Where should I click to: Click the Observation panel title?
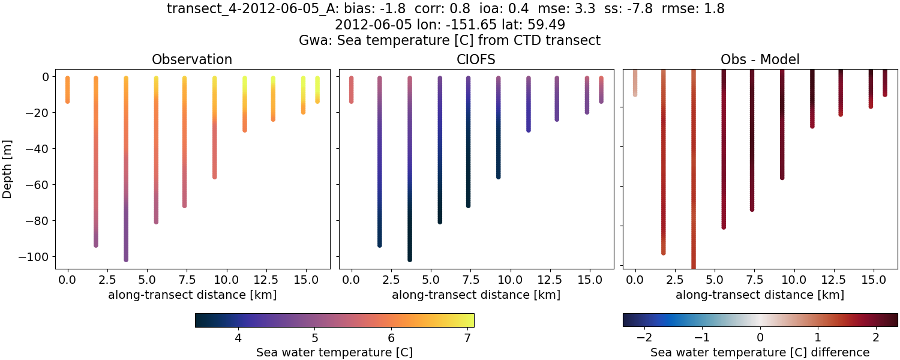(x=192, y=59)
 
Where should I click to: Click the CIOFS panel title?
(x=476, y=59)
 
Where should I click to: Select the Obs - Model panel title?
(x=760, y=59)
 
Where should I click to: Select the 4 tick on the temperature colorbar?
(x=238, y=338)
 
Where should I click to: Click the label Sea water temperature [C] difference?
(x=760, y=352)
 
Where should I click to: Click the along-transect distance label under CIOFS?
(x=476, y=295)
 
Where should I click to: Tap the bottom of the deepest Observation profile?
(x=126, y=259)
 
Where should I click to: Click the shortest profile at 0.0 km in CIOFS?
(x=352, y=90)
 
